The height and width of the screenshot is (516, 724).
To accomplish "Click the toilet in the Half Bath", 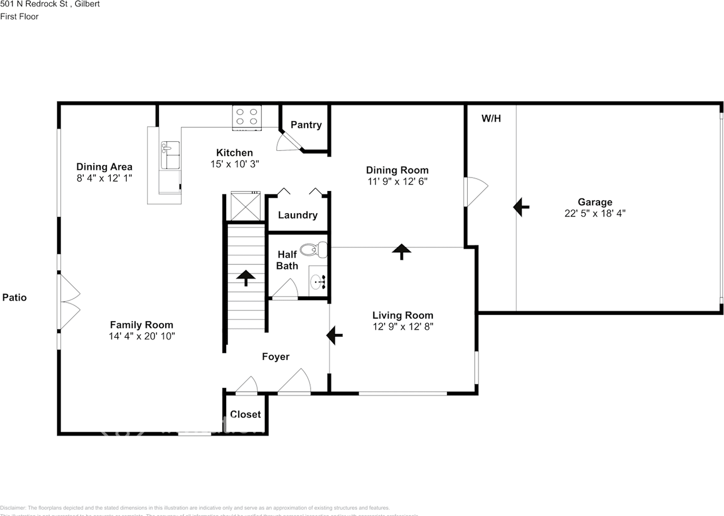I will pyautogui.click(x=313, y=249).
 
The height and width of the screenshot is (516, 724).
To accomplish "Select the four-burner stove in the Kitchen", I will pyautogui.click(x=247, y=116).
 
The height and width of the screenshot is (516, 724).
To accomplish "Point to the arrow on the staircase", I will pyautogui.click(x=245, y=277).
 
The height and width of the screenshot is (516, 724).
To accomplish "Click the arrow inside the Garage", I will pyautogui.click(x=521, y=207).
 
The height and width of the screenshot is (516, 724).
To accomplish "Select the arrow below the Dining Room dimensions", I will pyautogui.click(x=402, y=251).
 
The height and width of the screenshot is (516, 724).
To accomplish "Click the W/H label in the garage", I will pyautogui.click(x=491, y=119).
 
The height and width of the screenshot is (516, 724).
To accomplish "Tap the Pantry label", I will pyautogui.click(x=306, y=125).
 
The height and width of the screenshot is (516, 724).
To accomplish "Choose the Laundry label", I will pyautogui.click(x=298, y=215).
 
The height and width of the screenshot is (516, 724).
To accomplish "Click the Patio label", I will pyautogui.click(x=15, y=297).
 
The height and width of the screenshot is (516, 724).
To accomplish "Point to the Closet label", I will pyautogui.click(x=245, y=414).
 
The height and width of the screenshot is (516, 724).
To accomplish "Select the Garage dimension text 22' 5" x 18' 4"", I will pyautogui.click(x=594, y=213).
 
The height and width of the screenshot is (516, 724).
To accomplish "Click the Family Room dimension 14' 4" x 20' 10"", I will pyautogui.click(x=141, y=336).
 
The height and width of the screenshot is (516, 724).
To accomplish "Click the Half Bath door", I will pyautogui.click(x=285, y=290).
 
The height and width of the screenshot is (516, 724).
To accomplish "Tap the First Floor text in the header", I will pyautogui.click(x=19, y=16).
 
